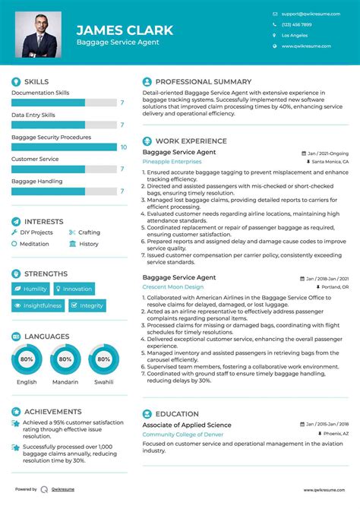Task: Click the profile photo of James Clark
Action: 41,33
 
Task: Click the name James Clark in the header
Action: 125,30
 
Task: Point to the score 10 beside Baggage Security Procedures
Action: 123,147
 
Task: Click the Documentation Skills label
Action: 40,93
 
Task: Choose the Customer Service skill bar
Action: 65,169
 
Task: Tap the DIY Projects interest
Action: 36,232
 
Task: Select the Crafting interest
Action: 89,232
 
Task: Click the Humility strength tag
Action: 31,289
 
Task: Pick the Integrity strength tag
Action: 87,305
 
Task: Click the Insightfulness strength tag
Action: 38,305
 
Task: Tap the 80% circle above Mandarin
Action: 65,359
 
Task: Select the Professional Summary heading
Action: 203,81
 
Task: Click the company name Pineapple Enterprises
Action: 172,162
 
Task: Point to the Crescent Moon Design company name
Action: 173,287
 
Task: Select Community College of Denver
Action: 183,434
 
